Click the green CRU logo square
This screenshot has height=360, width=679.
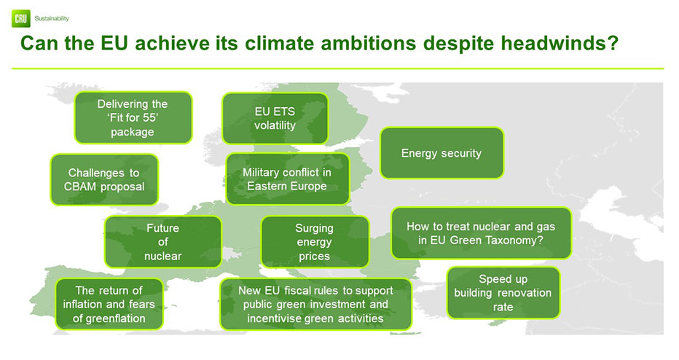pyautogui.click(x=21, y=19)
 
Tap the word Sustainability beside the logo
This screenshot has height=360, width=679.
pyautogui.click(x=52, y=19)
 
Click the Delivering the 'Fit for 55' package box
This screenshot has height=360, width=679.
pyautogui.click(x=133, y=117)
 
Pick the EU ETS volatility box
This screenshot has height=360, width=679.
pyautogui.click(x=275, y=118)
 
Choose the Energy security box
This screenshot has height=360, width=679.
pyautogui.click(x=441, y=153)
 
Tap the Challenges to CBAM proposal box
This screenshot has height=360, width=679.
pyautogui.click(x=104, y=179)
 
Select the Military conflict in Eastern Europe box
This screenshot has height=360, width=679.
pyautogui.click(x=288, y=179)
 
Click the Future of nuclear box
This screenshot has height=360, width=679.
pyautogui.click(x=162, y=242)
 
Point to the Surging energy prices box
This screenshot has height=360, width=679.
pyautogui.click(x=315, y=242)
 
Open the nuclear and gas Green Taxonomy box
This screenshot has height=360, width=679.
pyautogui.click(x=481, y=233)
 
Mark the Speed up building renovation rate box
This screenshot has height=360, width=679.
pyautogui.click(x=503, y=293)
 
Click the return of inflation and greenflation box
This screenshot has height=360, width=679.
pyautogui.click(x=109, y=304)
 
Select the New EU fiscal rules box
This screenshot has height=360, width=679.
pyautogui.click(x=315, y=304)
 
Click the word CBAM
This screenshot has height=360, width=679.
pyautogui.click(x=79, y=187)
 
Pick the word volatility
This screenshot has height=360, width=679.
pyautogui.click(x=275, y=125)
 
